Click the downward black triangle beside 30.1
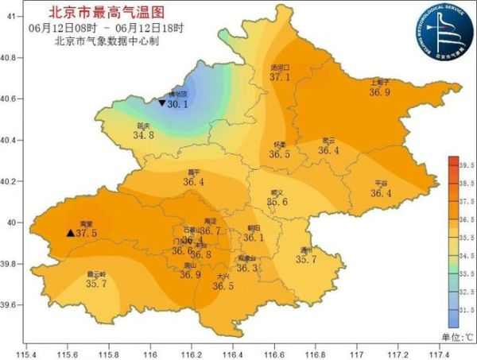coord(161,103)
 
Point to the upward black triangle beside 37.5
coord(70,233)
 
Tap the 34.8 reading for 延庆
coord(143,136)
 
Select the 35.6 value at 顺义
coord(277,202)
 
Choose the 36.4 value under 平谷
coord(381,192)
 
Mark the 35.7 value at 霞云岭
coord(96,284)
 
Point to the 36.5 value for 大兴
coord(223,286)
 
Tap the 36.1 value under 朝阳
coord(254,237)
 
